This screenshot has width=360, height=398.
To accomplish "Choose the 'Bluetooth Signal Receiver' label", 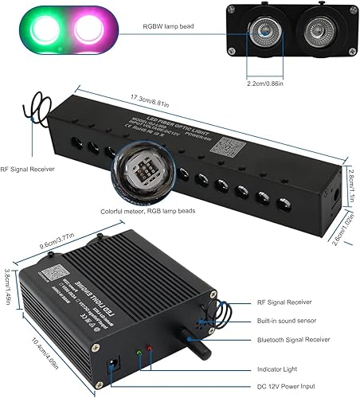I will click(293, 340).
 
